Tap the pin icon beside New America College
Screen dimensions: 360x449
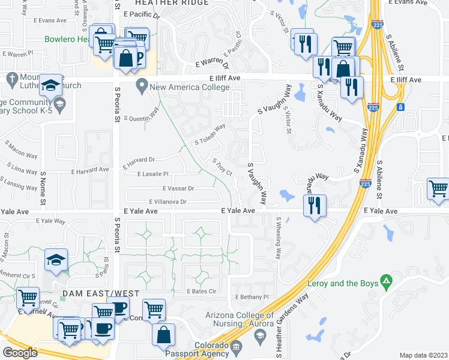tap(142, 86)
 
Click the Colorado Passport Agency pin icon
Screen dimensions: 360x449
tap(236, 346)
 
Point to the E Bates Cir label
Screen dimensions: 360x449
tap(201, 291)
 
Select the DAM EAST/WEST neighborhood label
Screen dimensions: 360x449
tap(100, 293)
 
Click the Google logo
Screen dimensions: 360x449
tap(20, 353)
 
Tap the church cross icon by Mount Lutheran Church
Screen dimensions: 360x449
tap(11, 79)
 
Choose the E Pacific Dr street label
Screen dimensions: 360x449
tap(142, 14)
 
